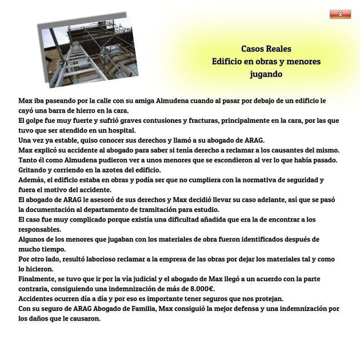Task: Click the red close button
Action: (x=340, y=14)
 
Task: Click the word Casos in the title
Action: (x=252, y=49)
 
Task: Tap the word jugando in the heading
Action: (x=266, y=74)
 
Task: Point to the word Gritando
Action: (x=34, y=170)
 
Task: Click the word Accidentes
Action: (x=39, y=298)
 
